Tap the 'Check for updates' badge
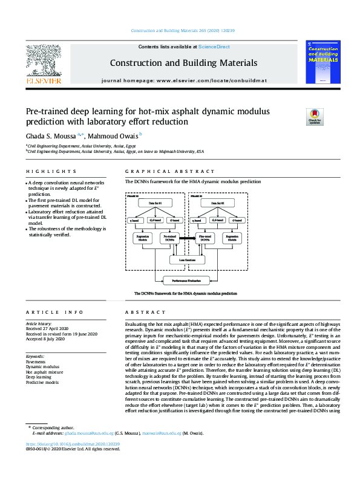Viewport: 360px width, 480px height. [315, 116]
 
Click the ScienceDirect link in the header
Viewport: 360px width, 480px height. [215, 47]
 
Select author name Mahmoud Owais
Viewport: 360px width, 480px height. [114, 135]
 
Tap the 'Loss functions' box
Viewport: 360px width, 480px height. [186, 261]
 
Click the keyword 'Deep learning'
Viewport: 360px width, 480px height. [38, 377]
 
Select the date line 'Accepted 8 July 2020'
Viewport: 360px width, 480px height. [45, 339]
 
